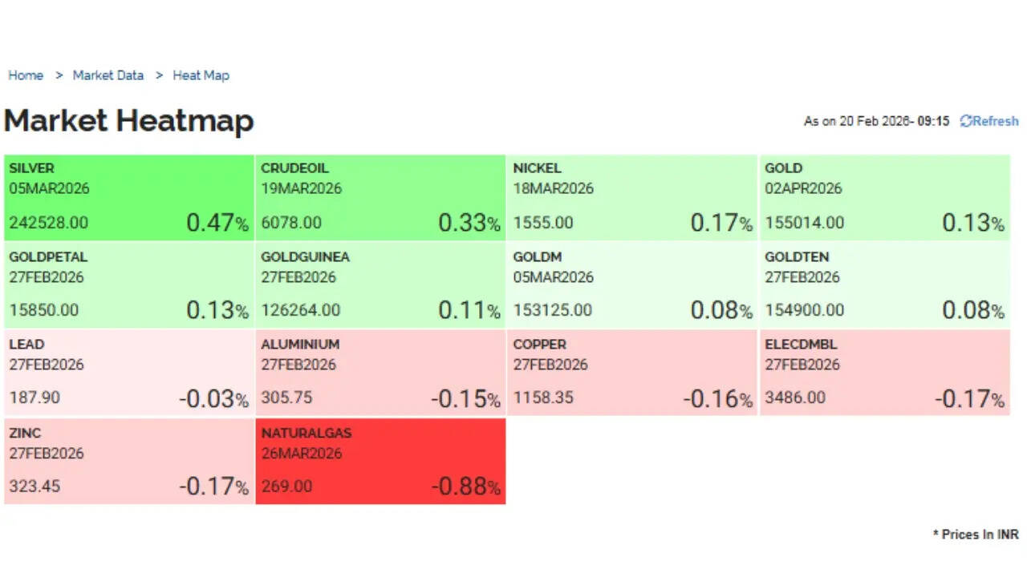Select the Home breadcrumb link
click(x=26, y=75)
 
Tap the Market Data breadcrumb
click(x=108, y=75)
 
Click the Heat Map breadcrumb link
click(x=201, y=75)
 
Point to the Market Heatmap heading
click(x=129, y=121)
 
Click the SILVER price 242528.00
click(x=49, y=222)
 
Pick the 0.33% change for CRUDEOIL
click(x=469, y=223)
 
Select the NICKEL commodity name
click(x=537, y=168)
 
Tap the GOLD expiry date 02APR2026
click(x=803, y=188)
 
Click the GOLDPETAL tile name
click(x=48, y=257)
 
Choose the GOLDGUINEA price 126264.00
click(x=301, y=310)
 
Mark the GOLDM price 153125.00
click(x=553, y=310)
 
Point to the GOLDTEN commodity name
click(x=797, y=257)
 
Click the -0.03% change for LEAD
click(x=213, y=398)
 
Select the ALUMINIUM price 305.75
click(x=286, y=397)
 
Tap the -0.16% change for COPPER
click(x=717, y=398)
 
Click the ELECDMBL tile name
click(x=801, y=345)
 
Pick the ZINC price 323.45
click(x=35, y=486)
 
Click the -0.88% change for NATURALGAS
click(x=465, y=486)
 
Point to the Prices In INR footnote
click(x=976, y=535)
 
